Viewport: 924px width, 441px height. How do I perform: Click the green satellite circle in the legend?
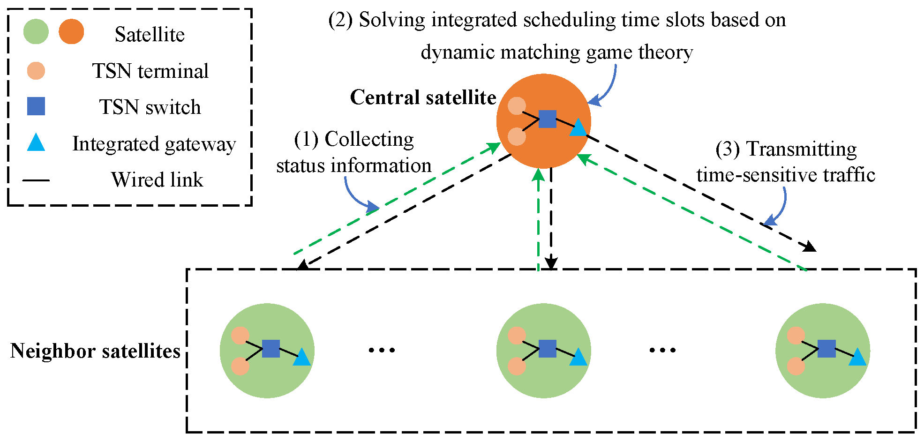point(36,32)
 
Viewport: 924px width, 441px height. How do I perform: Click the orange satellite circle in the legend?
point(71,32)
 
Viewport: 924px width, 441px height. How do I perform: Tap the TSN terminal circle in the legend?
point(36,71)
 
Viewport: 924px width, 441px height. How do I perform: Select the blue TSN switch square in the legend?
point(36,106)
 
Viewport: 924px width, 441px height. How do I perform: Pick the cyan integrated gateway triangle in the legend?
point(36,143)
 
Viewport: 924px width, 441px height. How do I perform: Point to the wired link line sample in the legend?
point(36,180)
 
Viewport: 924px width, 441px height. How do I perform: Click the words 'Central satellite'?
point(423,97)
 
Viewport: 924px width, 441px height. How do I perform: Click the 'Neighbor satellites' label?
point(95,351)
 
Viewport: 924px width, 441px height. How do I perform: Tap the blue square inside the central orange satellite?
point(547,119)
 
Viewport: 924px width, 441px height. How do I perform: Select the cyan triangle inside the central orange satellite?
point(578,128)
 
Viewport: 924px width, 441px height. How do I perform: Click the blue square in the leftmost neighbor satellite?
point(271,349)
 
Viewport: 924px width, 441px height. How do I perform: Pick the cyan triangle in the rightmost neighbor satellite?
point(857,358)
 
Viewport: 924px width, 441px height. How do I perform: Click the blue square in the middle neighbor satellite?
point(547,349)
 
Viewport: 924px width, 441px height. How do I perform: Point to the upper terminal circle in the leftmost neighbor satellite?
point(240,336)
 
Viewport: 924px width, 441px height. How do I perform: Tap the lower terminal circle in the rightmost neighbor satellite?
point(796,366)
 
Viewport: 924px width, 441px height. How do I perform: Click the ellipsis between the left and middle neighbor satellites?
point(382,350)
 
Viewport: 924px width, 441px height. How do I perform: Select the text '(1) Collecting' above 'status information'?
point(354,139)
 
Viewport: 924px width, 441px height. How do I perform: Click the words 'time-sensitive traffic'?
point(786,175)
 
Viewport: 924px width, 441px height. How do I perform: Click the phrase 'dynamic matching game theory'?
point(556,52)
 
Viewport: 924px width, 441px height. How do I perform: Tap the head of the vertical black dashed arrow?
point(551,263)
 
